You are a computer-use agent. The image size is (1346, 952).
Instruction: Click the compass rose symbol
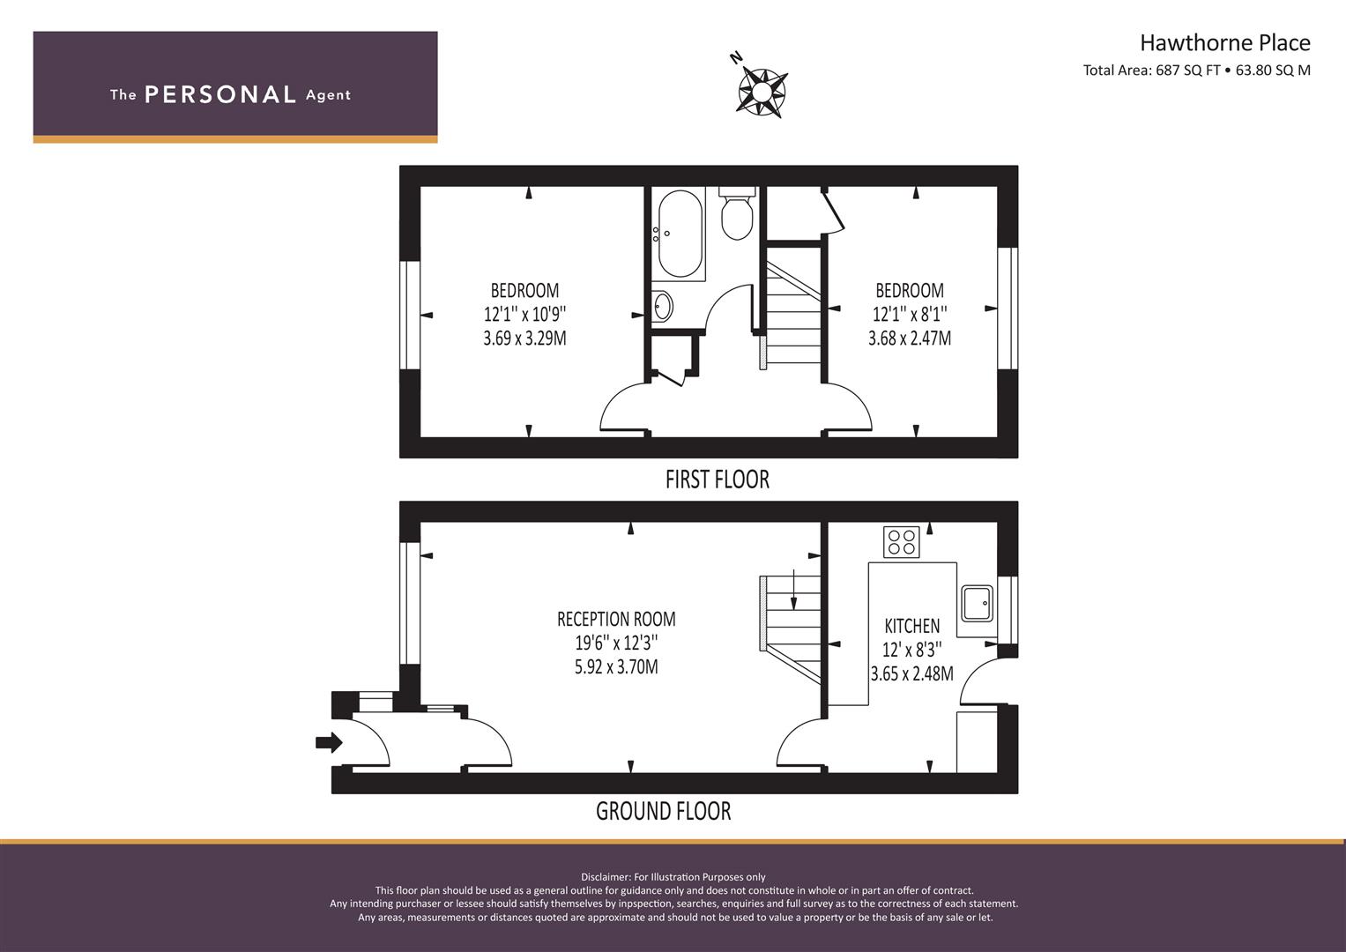point(762,92)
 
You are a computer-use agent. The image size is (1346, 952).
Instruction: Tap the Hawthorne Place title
point(1225,42)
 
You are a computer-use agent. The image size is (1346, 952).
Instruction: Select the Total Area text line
point(1196,71)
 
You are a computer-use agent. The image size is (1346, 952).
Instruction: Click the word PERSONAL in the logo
point(220,94)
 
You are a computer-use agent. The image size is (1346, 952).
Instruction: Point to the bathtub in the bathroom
point(680,234)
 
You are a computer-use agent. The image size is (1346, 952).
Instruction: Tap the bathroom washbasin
point(662,307)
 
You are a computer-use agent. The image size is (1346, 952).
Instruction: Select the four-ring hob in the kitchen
point(902,541)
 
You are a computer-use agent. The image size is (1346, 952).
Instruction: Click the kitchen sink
point(977,604)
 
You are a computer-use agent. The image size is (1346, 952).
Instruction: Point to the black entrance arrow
point(329,743)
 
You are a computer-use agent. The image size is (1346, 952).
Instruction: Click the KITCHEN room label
point(911,626)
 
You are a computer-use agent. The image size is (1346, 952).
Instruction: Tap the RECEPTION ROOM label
point(616,619)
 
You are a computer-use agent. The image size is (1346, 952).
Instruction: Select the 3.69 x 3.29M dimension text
point(524,338)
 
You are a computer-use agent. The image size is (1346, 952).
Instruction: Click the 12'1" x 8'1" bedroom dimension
point(910,315)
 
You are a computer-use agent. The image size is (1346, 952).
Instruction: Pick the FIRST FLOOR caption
point(718,480)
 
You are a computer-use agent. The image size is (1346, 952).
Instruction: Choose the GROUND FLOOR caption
point(664,811)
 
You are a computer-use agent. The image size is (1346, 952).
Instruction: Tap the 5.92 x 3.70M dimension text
point(616,667)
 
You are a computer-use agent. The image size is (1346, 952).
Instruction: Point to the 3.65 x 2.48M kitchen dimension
point(912,673)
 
